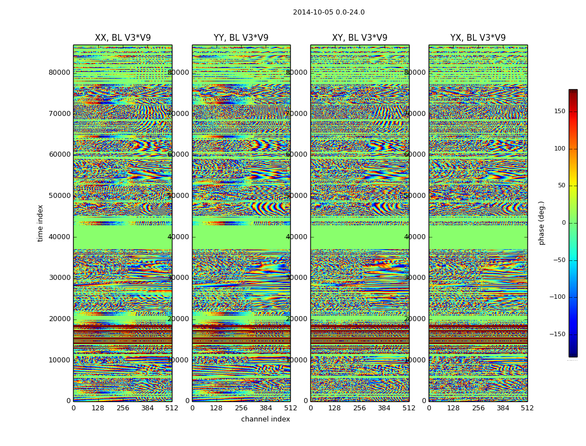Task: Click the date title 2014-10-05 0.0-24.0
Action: pos(329,12)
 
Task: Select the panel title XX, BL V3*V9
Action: pos(123,38)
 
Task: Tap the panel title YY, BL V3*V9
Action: pos(241,38)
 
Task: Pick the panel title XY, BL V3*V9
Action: pos(359,38)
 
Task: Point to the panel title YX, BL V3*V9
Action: pos(478,38)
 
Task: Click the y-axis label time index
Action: pos(40,222)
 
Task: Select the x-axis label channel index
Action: pos(266,419)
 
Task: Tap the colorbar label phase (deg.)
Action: pos(541,223)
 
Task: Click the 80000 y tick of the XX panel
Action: pos(59,72)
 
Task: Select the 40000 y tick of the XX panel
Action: pos(59,236)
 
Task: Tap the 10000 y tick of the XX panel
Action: pos(59,360)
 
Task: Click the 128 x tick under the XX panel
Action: pos(98,408)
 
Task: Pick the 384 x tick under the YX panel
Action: pos(503,408)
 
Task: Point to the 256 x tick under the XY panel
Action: pos(359,408)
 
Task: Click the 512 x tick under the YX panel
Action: pos(527,408)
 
